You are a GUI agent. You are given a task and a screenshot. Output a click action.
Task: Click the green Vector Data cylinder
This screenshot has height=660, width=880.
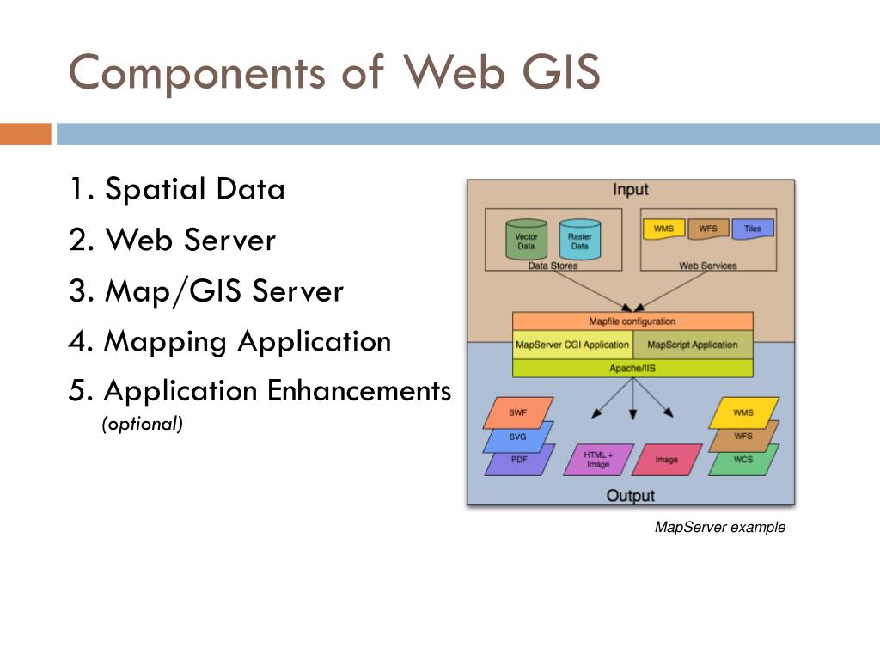[526, 240]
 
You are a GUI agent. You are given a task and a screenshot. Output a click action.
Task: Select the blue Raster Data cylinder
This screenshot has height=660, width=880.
[580, 240]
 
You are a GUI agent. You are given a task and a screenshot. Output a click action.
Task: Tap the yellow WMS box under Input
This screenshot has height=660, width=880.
[664, 229]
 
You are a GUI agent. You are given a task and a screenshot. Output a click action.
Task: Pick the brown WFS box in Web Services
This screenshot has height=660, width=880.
[708, 229]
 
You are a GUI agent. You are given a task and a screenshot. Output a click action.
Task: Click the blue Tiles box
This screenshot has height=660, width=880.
[753, 229]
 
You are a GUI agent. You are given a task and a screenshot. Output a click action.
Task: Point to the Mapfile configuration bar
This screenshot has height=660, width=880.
[632, 321]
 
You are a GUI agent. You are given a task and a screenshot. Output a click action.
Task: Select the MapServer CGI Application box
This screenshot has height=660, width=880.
[572, 345]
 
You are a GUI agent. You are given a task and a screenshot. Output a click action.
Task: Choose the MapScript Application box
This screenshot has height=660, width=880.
[694, 345]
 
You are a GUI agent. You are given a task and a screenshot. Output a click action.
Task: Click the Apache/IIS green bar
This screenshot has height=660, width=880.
[632, 368]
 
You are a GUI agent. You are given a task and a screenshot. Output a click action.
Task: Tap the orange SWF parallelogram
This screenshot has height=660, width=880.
[518, 413]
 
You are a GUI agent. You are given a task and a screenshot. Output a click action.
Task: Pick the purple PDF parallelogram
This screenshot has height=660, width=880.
[519, 461]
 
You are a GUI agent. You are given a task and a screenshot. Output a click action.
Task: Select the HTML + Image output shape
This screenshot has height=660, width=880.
[598, 460]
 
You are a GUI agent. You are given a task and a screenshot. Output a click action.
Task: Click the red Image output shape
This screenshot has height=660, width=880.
[667, 460]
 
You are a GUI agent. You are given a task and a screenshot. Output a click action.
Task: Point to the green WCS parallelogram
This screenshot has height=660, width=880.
[743, 460]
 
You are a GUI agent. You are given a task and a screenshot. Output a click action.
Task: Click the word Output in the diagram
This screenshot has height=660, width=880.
[630, 496]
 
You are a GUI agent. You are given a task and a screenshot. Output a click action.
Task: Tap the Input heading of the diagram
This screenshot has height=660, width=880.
[630, 190]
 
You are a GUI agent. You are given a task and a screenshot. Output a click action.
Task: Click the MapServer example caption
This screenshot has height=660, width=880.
[720, 527]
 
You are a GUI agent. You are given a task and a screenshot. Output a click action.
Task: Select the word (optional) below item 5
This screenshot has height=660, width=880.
[143, 424]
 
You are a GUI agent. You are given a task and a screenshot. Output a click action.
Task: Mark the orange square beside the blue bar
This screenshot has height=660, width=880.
[26, 134]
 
